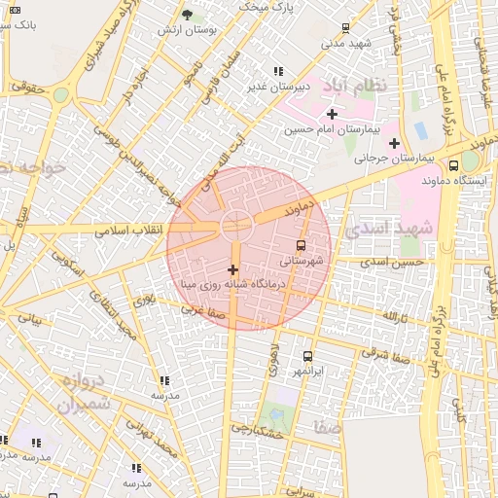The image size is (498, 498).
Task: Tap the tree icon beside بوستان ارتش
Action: (x=188, y=15)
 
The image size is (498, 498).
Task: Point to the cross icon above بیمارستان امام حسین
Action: (x=332, y=114)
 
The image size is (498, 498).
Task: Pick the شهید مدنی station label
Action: (x=347, y=44)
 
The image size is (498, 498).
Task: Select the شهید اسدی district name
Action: (x=391, y=227)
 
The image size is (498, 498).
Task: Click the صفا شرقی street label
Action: (x=383, y=354)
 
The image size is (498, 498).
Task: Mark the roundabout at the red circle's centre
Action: (x=235, y=226)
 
